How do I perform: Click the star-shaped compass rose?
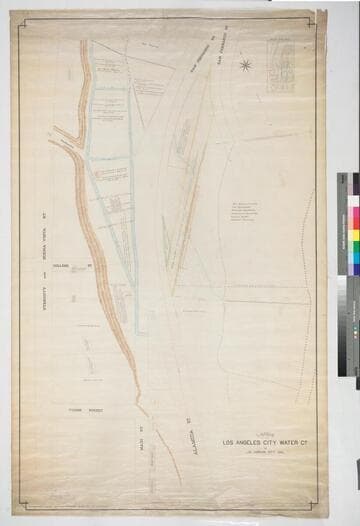[x=245, y=66]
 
